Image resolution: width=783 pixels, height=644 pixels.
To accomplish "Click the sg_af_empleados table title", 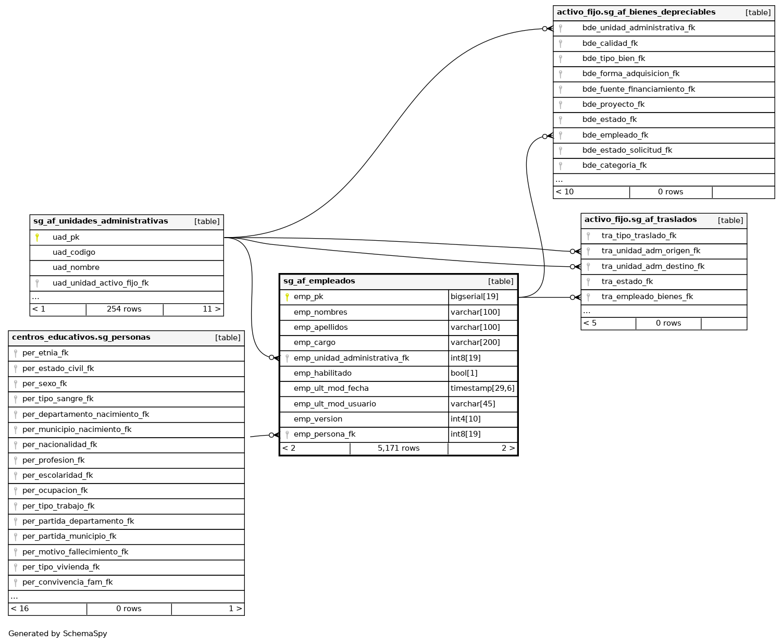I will pyautogui.click(x=319, y=281).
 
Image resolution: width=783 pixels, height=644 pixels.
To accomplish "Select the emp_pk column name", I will pyautogui.click(x=308, y=297).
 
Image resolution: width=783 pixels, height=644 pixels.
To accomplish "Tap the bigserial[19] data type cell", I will pyautogui.click(x=475, y=297).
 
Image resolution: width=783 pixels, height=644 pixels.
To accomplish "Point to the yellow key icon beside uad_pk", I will pyautogui.click(x=37, y=238).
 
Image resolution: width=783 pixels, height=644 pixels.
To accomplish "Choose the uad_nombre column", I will pyautogui.click(x=76, y=268).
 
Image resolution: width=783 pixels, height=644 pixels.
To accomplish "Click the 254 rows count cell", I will pyautogui.click(x=124, y=309).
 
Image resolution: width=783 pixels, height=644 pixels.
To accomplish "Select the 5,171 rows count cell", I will pyautogui.click(x=399, y=449).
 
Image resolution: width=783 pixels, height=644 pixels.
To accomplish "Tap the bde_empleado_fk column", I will pyautogui.click(x=615, y=135).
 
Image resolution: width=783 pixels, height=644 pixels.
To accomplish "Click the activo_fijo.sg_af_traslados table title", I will pyautogui.click(x=640, y=220).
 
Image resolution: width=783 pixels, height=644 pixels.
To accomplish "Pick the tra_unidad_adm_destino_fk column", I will pyautogui.click(x=653, y=267).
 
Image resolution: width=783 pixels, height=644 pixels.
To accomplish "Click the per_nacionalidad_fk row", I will pyautogui.click(x=60, y=445).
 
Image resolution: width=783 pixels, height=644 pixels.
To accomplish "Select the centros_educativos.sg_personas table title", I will pyautogui.click(x=81, y=338).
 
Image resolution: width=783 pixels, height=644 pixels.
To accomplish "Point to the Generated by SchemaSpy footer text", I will pyautogui.click(x=58, y=634).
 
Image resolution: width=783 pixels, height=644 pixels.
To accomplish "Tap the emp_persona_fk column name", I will pyautogui.click(x=325, y=435).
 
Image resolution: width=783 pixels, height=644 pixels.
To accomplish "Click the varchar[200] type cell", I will pyautogui.click(x=475, y=343).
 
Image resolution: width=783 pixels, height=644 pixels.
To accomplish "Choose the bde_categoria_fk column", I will pyautogui.click(x=614, y=166).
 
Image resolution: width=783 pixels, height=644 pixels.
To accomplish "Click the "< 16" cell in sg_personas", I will pyautogui.click(x=20, y=609).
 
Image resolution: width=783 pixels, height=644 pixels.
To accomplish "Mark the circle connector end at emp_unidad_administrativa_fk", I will pyautogui.click(x=271, y=357).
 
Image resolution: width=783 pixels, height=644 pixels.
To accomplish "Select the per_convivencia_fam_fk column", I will pyautogui.click(x=68, y=583).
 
